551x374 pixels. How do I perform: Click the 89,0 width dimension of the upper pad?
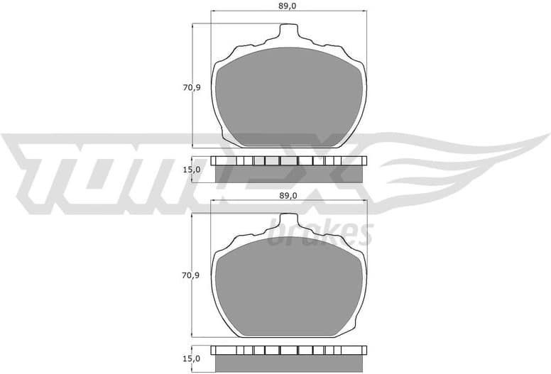click(x=287, y=6)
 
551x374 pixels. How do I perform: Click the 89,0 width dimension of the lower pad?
click(x=287, y=196)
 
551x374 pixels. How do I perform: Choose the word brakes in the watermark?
click(x=321, y=232)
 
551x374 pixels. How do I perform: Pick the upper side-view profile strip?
click(x=288, y=169)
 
